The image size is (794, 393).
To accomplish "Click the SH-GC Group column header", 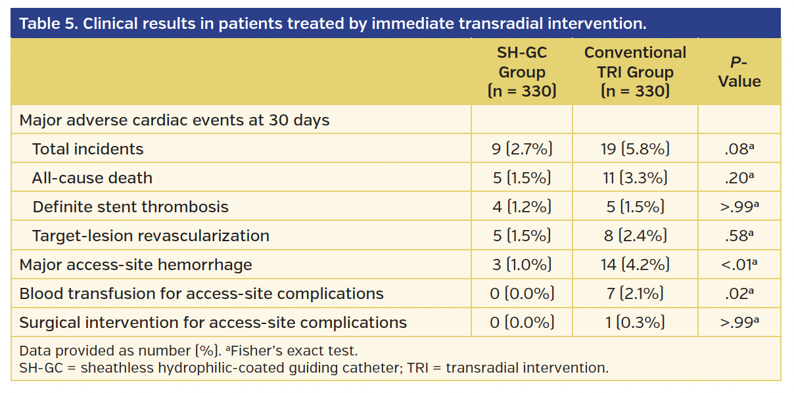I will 522,72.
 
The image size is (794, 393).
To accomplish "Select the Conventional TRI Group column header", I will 635,72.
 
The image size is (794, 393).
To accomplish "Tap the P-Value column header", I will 739,72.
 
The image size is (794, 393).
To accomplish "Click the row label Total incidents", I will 87,149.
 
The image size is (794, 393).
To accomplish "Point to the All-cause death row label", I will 92,178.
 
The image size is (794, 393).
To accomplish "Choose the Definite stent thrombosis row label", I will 130,207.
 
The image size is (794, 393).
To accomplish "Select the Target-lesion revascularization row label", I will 151,236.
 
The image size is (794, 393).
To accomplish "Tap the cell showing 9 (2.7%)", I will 522,149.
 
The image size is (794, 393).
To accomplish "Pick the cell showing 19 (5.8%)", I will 635,149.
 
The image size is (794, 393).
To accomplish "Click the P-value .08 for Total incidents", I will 739,149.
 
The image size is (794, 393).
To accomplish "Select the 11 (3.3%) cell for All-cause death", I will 635,178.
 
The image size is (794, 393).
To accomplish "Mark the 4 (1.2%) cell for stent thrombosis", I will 522,207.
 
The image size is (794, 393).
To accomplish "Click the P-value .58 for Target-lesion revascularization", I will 739,236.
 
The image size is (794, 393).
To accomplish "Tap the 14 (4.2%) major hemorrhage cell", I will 635,265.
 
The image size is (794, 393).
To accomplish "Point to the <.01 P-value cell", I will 739,265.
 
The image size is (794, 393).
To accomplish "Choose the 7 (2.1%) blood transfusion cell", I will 635,294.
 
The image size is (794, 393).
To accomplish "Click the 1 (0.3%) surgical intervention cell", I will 635,323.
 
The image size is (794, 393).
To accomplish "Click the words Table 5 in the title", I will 47,24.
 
